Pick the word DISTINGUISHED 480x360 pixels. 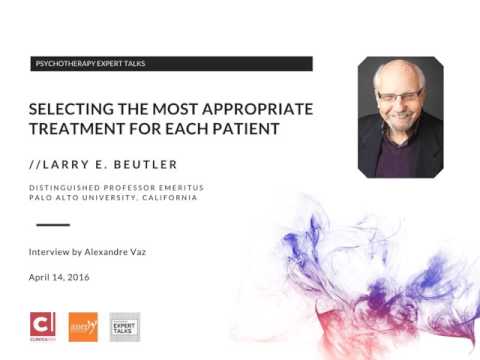click(x=62, y=186)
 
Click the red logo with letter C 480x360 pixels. click(x=43, y=326)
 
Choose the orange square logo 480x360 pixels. click(x=83, y=326)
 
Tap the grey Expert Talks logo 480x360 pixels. click(x=124, y=326)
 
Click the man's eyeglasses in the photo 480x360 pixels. click(x=399, y=96)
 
